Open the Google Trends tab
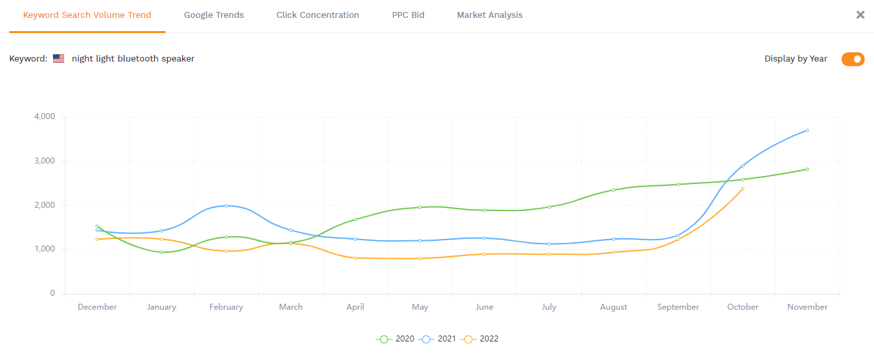coord(214,15)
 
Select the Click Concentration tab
coord(318,15)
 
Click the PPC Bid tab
coord(408,15)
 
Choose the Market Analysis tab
coord(489,15)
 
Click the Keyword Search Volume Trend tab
coord(87,15)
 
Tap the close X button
coord(860,15)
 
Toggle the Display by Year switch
coord(853,59)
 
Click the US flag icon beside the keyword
coord(59,59)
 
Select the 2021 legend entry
coord(438,339)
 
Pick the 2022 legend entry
coord(481,339)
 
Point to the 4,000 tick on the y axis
coord(44,117)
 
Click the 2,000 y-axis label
coord(44,205)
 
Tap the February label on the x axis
coord(226,307)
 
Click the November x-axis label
coord(807,307)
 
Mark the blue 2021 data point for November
coord(807,130)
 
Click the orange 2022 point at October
coord(743,189)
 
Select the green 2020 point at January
coord(162,252)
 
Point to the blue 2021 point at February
coord(226,206)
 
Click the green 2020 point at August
coord(613,190)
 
